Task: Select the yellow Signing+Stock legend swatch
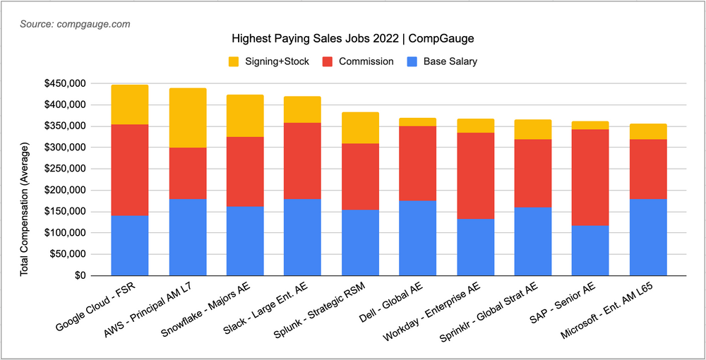tap(235, 61)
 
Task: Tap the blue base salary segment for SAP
tap(590, 251)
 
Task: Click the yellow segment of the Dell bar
tap(417, 122)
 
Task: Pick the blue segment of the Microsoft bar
tap(648, 237)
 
